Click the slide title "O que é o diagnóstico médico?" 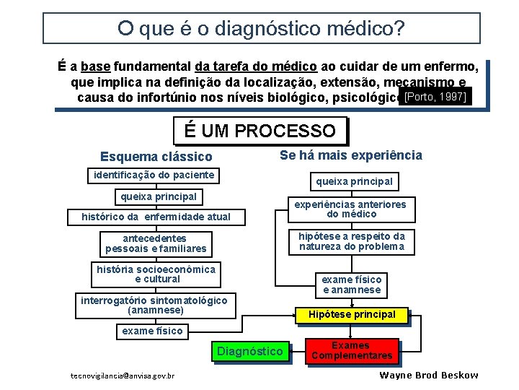(261, 29)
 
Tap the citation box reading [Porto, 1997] (435, 97)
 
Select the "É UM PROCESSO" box (259, 131)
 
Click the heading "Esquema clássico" (156, 157)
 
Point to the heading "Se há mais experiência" (350, 155)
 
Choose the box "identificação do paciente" (151, 175)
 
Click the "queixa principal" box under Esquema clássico (159, 196)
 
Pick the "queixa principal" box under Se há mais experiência (352, 181)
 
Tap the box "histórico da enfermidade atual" (156, 217)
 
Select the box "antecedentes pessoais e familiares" (156, 243)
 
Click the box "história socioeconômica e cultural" (156, 274)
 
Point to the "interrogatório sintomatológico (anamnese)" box (154, 305)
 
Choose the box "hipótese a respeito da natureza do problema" (351, 241)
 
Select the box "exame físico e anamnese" (351, 285)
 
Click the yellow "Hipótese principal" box (352, 315)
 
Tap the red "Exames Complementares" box (352, 351)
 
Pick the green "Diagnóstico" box (250, 352)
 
